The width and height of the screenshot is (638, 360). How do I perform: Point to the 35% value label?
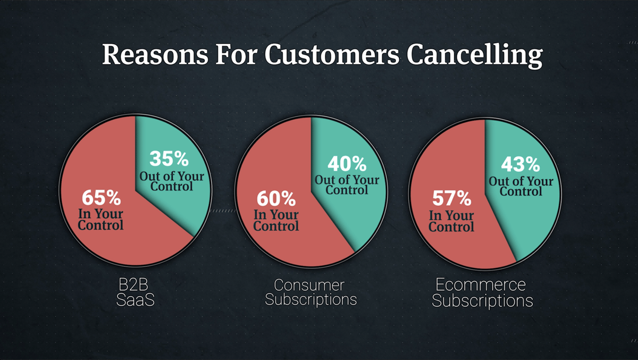pyautogui.click(x=169, y=158)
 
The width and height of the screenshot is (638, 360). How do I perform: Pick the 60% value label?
pyautogui.click(x=276, y=199)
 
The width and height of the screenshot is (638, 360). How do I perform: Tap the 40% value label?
pyautogui.click(x=347, y=163)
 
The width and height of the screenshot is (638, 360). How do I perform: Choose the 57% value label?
pyautogui.click(x=451, y=199)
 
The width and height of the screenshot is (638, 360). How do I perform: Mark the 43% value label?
pyautogui.click(x=521, y=164)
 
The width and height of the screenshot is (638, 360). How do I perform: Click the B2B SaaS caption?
pyautogui.click(x=135, y=291)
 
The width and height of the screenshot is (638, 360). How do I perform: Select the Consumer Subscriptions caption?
pyautogui.click(x=310, y=291)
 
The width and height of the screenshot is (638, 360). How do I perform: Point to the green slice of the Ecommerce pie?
pyautogui.click(x=526, y=223)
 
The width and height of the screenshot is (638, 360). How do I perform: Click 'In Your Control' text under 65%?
pyautogui.click(x=100, y=220)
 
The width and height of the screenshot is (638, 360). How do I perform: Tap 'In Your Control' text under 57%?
pyautogui.click(x=451, y=221)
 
